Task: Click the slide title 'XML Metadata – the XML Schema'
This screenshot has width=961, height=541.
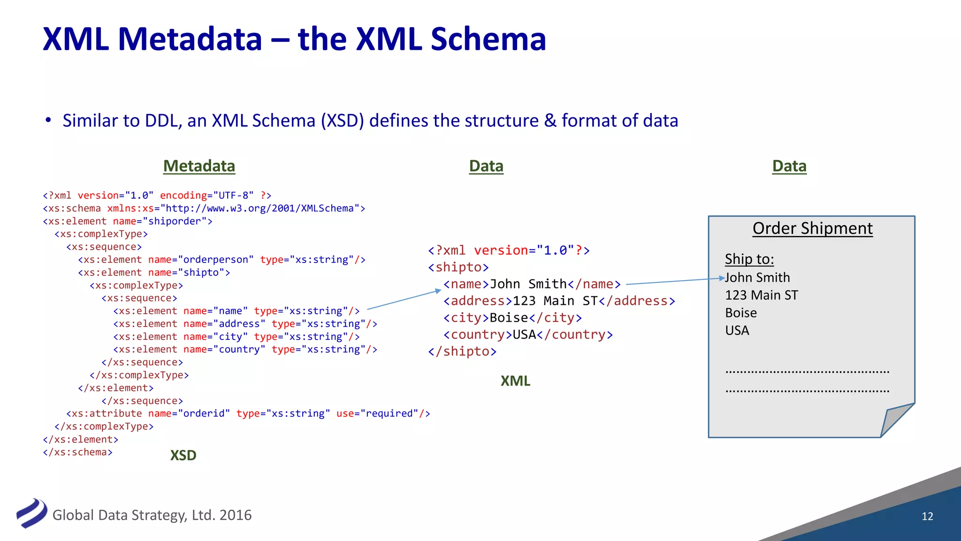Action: [294, 39]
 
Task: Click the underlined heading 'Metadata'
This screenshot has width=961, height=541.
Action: [199, 166]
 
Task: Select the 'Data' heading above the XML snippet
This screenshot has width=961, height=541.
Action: [486, 166]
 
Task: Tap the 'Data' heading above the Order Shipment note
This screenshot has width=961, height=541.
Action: [789, 166]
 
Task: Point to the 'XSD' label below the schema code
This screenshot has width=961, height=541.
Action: [183, 455]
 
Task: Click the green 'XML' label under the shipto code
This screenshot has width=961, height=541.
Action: [515, 381]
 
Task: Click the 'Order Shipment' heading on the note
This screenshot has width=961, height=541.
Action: [812, 228]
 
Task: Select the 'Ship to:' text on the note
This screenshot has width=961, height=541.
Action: [749, 259]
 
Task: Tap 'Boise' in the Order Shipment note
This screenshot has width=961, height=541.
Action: [741, 313]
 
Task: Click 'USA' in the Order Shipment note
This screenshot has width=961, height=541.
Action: [737, 331]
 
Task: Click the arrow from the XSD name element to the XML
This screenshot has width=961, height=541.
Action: [404, 300]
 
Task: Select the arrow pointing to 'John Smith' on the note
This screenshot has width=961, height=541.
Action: [673, 281]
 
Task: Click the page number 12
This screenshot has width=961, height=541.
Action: [927, 516]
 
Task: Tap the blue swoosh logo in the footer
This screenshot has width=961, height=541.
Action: [31, 513]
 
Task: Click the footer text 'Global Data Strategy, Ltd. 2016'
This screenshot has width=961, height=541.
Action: [152, 515]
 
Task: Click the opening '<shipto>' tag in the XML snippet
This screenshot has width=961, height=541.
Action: [458, 267]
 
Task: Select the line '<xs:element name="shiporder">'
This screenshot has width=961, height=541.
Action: [128, 221]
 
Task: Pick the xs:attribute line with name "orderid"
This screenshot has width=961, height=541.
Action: [248, 414]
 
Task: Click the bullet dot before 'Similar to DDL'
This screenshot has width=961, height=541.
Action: [48, 120]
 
